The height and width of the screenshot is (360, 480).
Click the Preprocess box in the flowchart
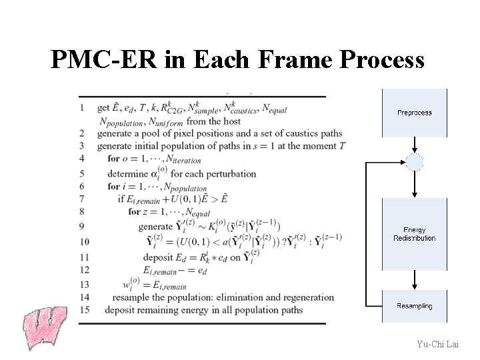414,113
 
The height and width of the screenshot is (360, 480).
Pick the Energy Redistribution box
414,233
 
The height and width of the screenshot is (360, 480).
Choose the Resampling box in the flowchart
414,306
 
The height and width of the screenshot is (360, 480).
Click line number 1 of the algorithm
82,107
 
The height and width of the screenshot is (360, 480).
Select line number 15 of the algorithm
85,309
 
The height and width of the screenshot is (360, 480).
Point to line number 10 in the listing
85,242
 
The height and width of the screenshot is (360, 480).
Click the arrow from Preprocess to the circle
414,145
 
